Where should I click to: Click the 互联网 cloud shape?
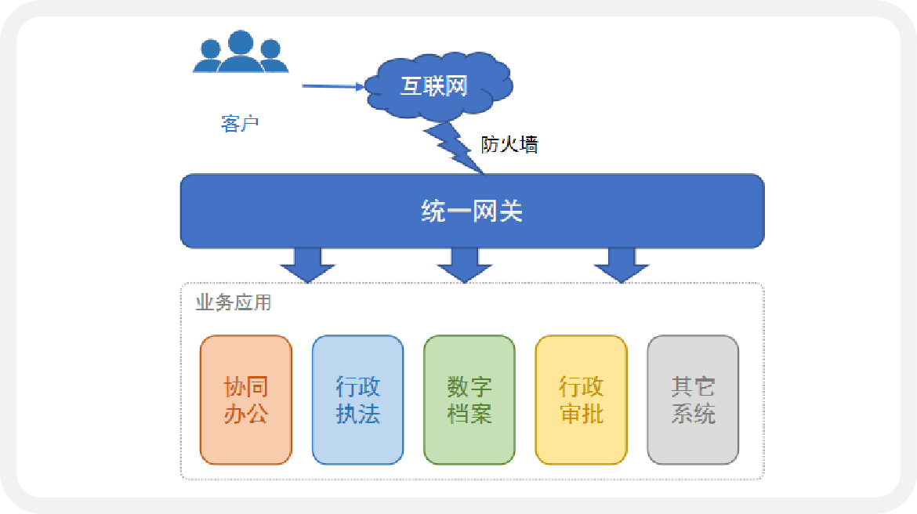pos(434,86)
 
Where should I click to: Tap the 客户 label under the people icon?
pos(240,124)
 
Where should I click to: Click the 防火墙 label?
pos(509,144)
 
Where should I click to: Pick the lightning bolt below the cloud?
pos(454,145)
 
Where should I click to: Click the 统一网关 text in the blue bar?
pos(472,211)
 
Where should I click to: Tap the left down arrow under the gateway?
pos(308,265)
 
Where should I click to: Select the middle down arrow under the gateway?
pos(465,265)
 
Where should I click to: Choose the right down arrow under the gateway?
pos(622,265)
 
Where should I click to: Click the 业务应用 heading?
pos(234,302)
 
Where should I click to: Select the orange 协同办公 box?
pos(246,400)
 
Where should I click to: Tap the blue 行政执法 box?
pos(357,400)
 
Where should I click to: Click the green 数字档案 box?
pos(469,400)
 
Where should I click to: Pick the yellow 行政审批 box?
pos(581,400)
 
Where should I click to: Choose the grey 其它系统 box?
pos(693,400)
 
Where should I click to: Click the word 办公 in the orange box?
pos(246,414)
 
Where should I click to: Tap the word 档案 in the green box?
pos(469,414)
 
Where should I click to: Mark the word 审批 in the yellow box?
pos(581,414)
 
